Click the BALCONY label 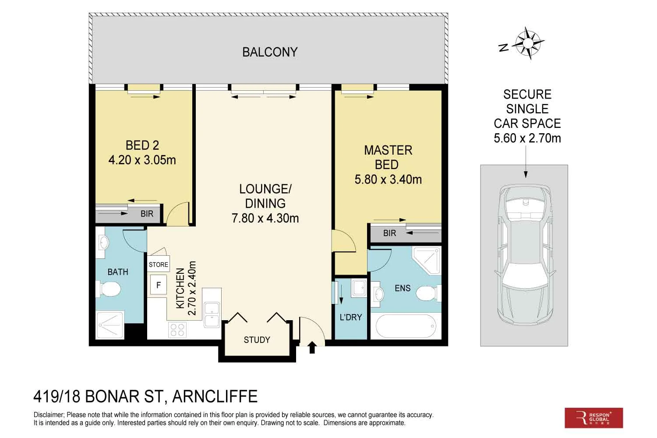coord(270,52)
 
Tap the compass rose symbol coord(528,43)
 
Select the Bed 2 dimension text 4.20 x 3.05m coord(142,160)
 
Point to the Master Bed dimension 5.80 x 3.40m coord(388,180)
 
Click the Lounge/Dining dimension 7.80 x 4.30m coord(265,218)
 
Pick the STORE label coord(159,265)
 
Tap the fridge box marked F coord(159,285)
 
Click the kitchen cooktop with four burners coord(177,330)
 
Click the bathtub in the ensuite coord(406,326)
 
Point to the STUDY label coord(257,340)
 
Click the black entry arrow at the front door coord(312,347)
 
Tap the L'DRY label coord(351,317)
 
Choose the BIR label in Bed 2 coord(147,214)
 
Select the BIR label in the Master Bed coord(389,233)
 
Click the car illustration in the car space coord(525,254)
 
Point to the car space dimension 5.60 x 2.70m coord(527,138)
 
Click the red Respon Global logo coord(593,418)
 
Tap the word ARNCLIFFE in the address coord(215,396)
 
